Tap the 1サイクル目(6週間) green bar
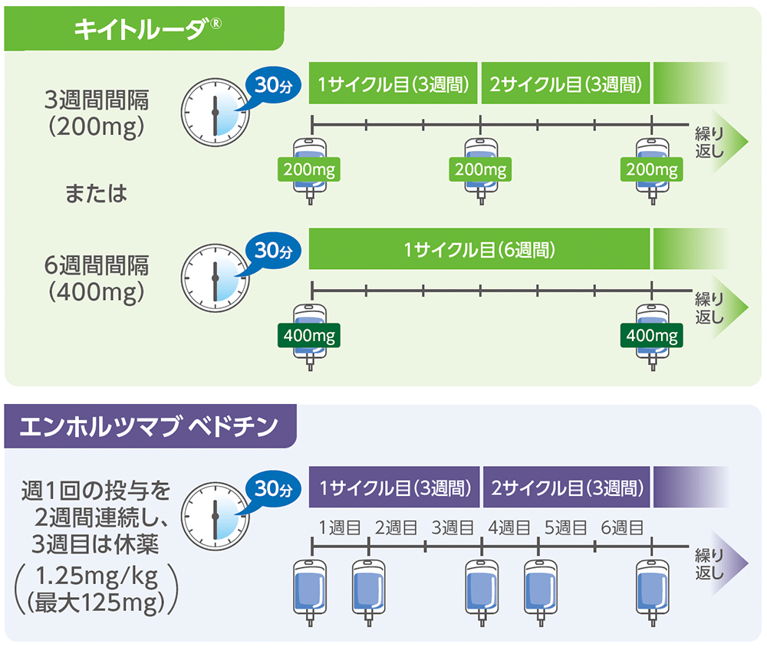pyautogui.click(x=479, y=250)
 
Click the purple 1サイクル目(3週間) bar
pyautogui.click(x=394, y=487)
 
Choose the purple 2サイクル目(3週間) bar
pyautogui.click(x=566, y=487)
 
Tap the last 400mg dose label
pyautogui.click(x=652, y=335)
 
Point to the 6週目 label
pyautogui.click(x=622, y=527)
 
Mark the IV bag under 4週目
pyautogui.click(x=538, y=586)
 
